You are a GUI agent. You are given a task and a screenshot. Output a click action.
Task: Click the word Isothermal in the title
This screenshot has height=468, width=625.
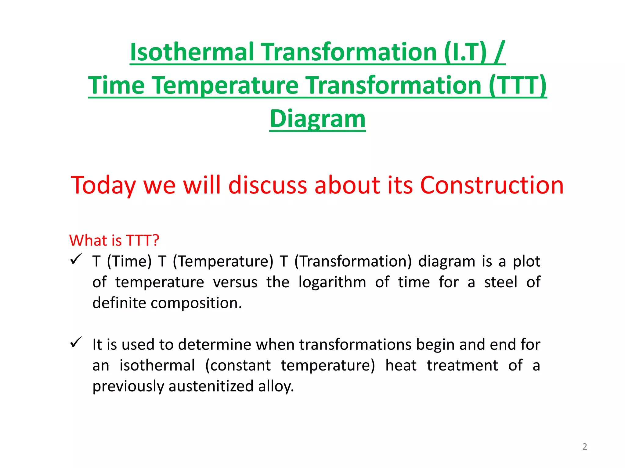[192, 52]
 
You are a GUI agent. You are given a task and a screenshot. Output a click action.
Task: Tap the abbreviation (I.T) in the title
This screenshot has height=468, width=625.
[465, 52]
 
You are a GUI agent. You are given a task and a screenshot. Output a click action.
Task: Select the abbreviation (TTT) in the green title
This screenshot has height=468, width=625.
[518, 85]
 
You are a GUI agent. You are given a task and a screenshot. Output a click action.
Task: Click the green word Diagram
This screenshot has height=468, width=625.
[317, 119]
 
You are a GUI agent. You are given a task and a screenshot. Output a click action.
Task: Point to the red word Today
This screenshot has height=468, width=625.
[103, 185]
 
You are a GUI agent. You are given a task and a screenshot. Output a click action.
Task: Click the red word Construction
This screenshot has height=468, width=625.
[492, 185]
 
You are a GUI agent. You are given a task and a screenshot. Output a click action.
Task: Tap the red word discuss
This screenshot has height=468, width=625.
[267, 185]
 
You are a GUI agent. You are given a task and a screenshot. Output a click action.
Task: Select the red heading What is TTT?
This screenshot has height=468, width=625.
[114, 240]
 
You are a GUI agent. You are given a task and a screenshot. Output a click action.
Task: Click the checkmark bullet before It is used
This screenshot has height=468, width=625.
[75, 342]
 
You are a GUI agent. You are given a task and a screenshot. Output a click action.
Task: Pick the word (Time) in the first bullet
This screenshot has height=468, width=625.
[129, 261]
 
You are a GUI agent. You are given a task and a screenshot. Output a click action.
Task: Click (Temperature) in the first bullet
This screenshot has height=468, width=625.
[223, 261]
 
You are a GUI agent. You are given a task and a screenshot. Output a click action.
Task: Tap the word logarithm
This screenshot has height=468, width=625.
[332, 282]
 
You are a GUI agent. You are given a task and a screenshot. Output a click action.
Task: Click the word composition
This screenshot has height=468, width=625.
[196, 303]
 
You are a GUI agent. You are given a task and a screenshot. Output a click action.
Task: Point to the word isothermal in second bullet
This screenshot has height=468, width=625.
[157, 365]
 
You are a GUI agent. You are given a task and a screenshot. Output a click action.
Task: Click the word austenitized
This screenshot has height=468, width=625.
[211, 386]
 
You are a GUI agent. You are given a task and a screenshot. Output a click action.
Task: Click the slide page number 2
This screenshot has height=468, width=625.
[584, 447]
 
